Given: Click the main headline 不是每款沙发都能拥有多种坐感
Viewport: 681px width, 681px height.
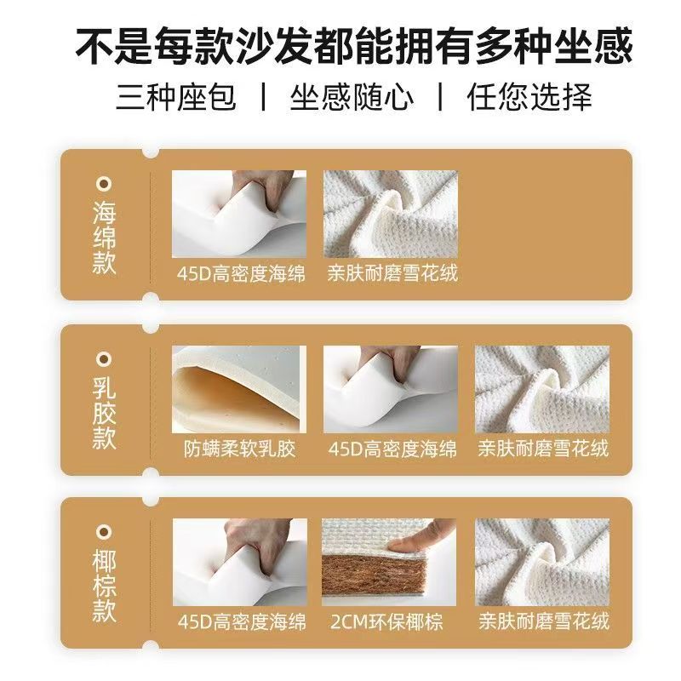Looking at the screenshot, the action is (354, 46).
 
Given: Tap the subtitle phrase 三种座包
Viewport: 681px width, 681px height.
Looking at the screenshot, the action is (176, 96).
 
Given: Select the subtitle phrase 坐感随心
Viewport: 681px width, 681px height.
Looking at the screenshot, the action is (352, 96).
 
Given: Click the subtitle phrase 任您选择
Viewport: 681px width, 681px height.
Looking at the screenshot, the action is (529, 96).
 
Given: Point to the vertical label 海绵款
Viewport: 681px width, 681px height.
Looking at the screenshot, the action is (104, 237).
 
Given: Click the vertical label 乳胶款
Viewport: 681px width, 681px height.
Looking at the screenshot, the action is (104, 413).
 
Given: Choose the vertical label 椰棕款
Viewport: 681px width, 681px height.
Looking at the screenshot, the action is (104, 586).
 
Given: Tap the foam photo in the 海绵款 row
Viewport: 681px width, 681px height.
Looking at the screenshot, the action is (239, 214).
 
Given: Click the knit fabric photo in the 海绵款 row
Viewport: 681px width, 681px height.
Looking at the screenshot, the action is (391, 214).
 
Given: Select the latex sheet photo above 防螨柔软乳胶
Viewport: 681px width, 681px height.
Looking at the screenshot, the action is (239, 389).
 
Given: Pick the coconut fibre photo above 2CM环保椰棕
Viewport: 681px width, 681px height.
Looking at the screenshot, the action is (389, 562).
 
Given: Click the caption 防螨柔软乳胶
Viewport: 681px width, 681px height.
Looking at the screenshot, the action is (239, 449).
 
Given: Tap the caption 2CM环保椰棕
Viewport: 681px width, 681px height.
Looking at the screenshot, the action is (386, 622).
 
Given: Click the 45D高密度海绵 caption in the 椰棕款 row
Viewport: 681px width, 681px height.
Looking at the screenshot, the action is (242, 622).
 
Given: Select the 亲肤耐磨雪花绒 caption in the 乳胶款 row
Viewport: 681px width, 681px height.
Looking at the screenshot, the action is (543, 449).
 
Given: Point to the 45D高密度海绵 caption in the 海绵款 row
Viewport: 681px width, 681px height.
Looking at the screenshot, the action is (241, 273).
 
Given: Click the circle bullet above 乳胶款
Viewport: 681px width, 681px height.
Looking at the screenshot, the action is (104, 359).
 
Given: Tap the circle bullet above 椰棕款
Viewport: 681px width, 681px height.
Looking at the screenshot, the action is (104, 532).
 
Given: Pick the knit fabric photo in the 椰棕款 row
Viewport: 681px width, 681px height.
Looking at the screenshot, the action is (542, 562).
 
